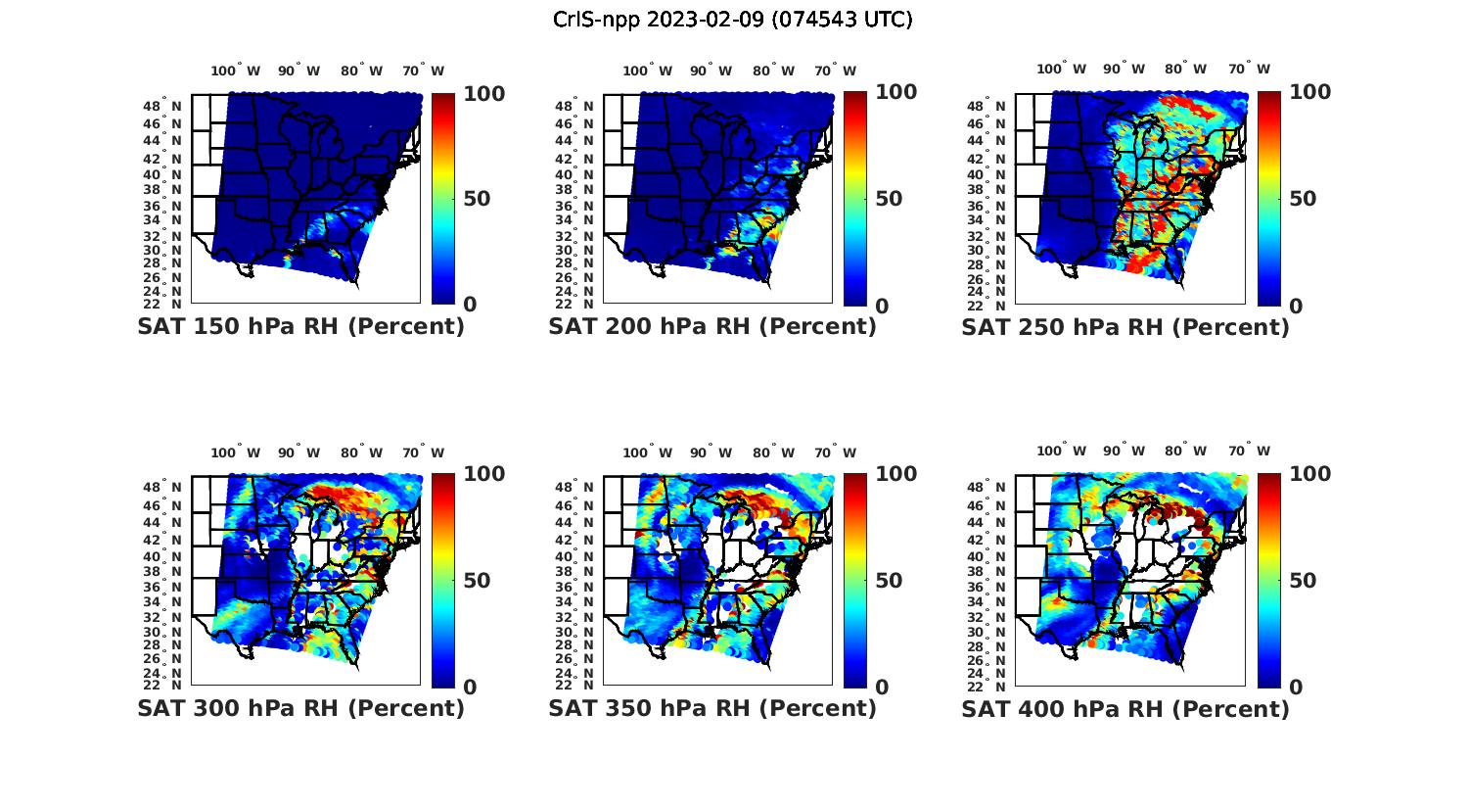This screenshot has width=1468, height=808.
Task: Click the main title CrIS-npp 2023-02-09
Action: click(x=732, y=20)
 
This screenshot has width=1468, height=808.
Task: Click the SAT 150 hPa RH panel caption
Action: click(x=300, y=327)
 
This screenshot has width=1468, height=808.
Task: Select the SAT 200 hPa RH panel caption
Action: click(x=712, y=327)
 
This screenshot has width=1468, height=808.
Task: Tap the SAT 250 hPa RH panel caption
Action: click(x=1125, y=327)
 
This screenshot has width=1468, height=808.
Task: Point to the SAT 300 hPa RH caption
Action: click(x=300, y=708)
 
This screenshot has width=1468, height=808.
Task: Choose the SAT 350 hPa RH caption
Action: click(x=712, y=708)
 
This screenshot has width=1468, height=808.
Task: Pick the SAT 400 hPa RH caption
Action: click(x=1125, y=708)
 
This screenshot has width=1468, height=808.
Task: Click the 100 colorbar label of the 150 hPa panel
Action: click(x=483, y=93)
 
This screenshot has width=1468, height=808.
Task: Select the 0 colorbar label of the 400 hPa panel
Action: click(x=1296, y=688)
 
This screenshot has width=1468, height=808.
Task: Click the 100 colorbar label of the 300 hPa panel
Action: click(x=483, y=474)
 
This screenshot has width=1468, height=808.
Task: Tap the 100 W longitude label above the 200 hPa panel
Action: click(x=647, y=71)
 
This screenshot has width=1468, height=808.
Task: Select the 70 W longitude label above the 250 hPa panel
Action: click(x=1249, y=69)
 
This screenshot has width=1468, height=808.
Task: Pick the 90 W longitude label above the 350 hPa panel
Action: click(x=711, y=452)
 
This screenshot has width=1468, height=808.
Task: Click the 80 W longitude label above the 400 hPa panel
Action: click(x=1185, y=452)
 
